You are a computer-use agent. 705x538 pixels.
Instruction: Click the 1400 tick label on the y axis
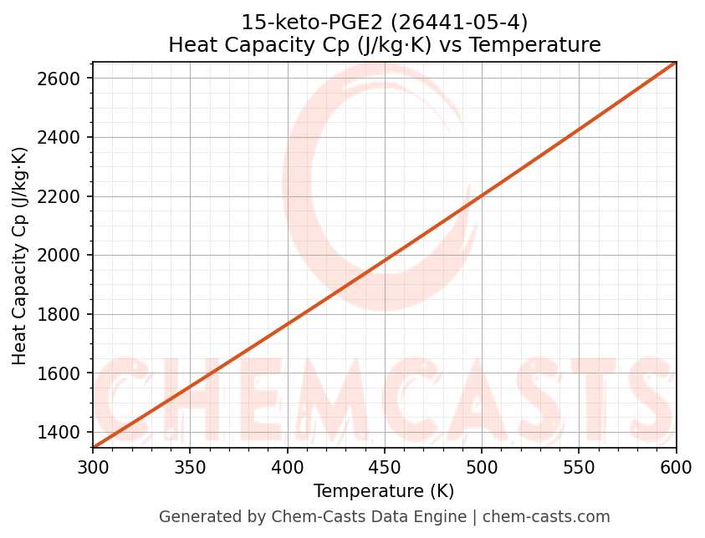click(x=64, y=432)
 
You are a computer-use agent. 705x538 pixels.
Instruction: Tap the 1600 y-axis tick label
click(x=64, y=373)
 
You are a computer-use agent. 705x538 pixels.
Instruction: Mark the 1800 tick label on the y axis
click(x=64, y=314)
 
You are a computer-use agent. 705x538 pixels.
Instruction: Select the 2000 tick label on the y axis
click(x=64, y=256)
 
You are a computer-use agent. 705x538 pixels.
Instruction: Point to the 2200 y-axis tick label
click(x=64, y=196)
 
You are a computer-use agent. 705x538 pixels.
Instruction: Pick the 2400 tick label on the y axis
click(x=64, y=137)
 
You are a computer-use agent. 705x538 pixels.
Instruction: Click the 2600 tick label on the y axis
click(x=64, y=79)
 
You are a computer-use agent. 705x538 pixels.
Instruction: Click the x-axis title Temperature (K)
click(x=384, y=491)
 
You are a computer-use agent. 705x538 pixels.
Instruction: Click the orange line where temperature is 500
click(x=482, y=195)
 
